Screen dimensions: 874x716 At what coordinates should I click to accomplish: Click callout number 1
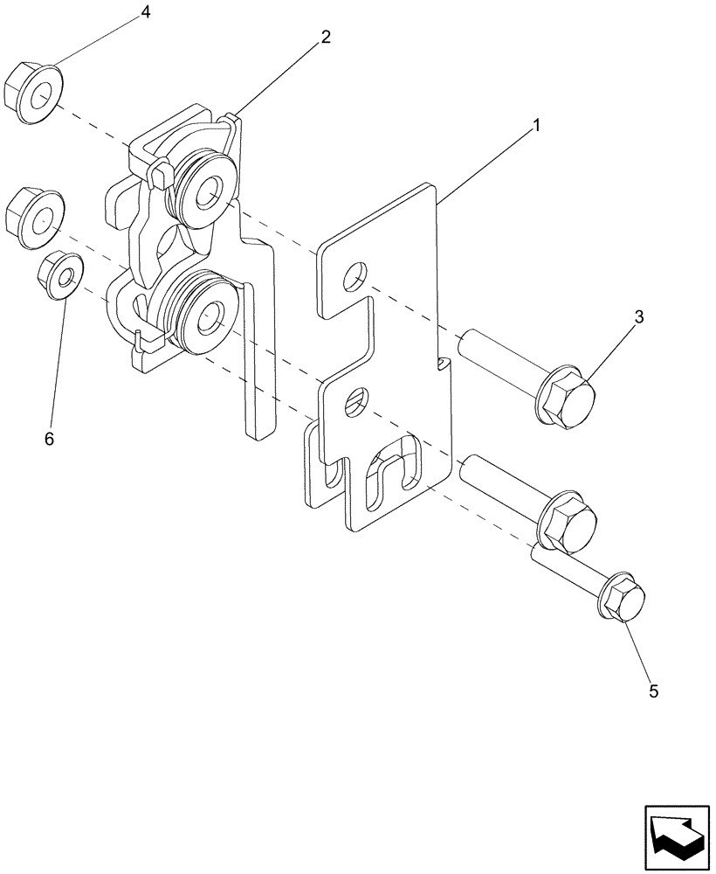pos(536,126)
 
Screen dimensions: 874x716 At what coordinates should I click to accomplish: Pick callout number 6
pos(49,439)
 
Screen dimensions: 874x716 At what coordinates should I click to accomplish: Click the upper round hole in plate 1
pos(355,277)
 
